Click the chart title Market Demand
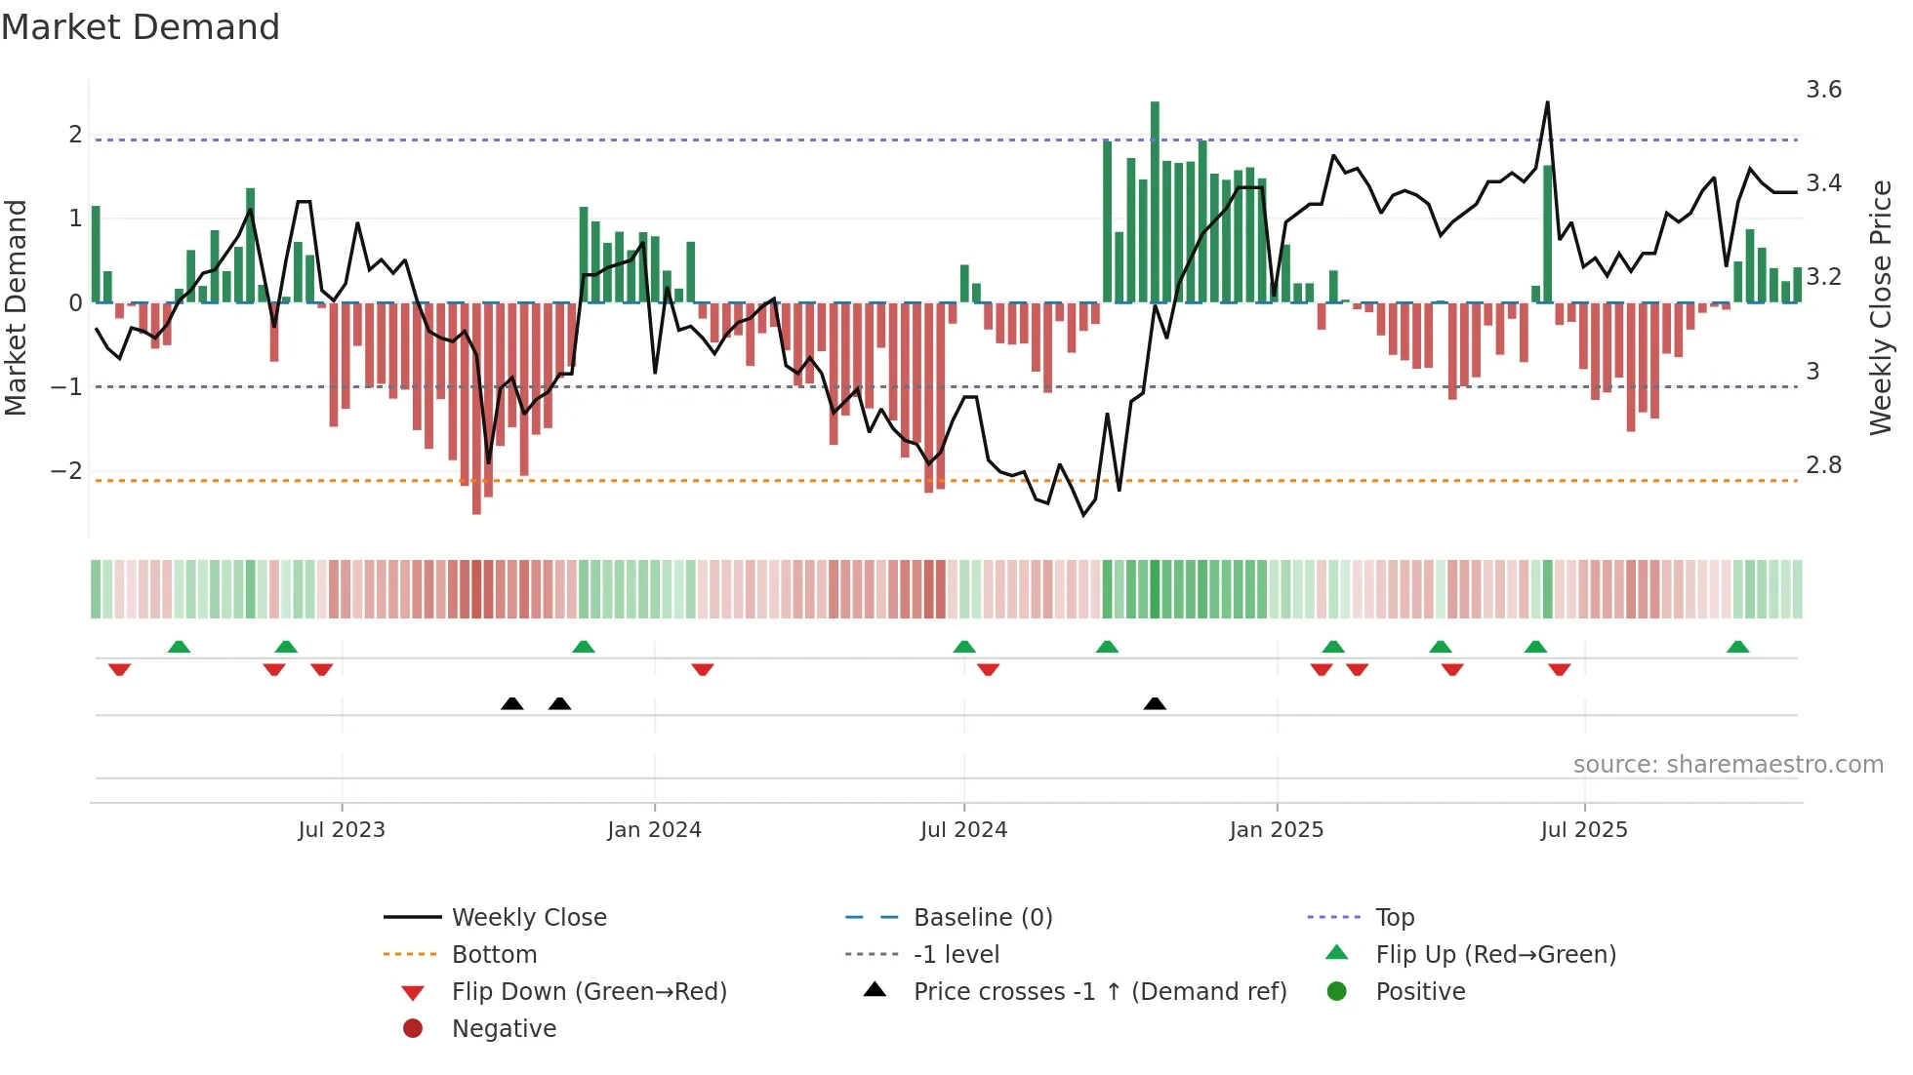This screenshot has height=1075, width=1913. pyautogui.click(x=141, y=27)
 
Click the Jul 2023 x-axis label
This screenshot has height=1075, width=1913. pyautogui.click(x=342, y=830)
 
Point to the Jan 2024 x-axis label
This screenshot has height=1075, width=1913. pyautogui.click(x=654, y=830)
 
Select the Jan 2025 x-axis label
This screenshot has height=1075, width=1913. pyautogui.click(x=1276, y=830)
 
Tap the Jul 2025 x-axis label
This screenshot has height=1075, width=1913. pyautogui.click(x=1584, y=830)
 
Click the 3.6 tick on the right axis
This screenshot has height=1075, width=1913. pyautogui.click(x=1823, y=90)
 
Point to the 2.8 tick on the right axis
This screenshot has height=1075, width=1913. pyautogui.click(x=1823, y=464)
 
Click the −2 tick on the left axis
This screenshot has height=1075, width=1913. pyautogui.click(x=66, y=470)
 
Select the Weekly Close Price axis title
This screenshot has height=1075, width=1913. pyautogui.click(x=1881, y=307)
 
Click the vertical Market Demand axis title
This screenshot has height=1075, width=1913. pyautogui.click(x=16, y=307)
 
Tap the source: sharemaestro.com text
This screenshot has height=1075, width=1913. pyautogui.click(x=1728, y=765)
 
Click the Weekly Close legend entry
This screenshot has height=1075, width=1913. pyautogui.click(x=528, y=918)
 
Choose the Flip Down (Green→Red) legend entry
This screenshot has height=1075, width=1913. pyautogui.click(x=589, y=992)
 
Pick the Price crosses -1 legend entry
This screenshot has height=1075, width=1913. pyautogui.click(x=1099, y=992)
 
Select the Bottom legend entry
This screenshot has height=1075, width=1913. pyautogui.click(x=494, y=955)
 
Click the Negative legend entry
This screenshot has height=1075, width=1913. pyautogui.click(x=504, y=1029)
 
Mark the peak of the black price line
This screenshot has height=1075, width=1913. pyautogui.click(x=1547, y=102)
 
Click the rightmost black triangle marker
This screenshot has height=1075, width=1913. pyautogui.click(x=1155, y=703)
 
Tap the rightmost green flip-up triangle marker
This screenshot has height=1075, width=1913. pyautogui.click(x=1737, y=647)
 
